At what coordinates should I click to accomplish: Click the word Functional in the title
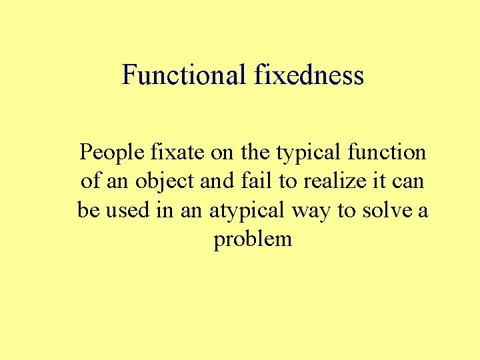[x=184, y=75]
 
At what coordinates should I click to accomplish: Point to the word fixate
[x=171, y=153]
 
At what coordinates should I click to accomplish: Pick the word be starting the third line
[x=87, y=211]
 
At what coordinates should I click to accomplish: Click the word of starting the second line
[x=90, y=181]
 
